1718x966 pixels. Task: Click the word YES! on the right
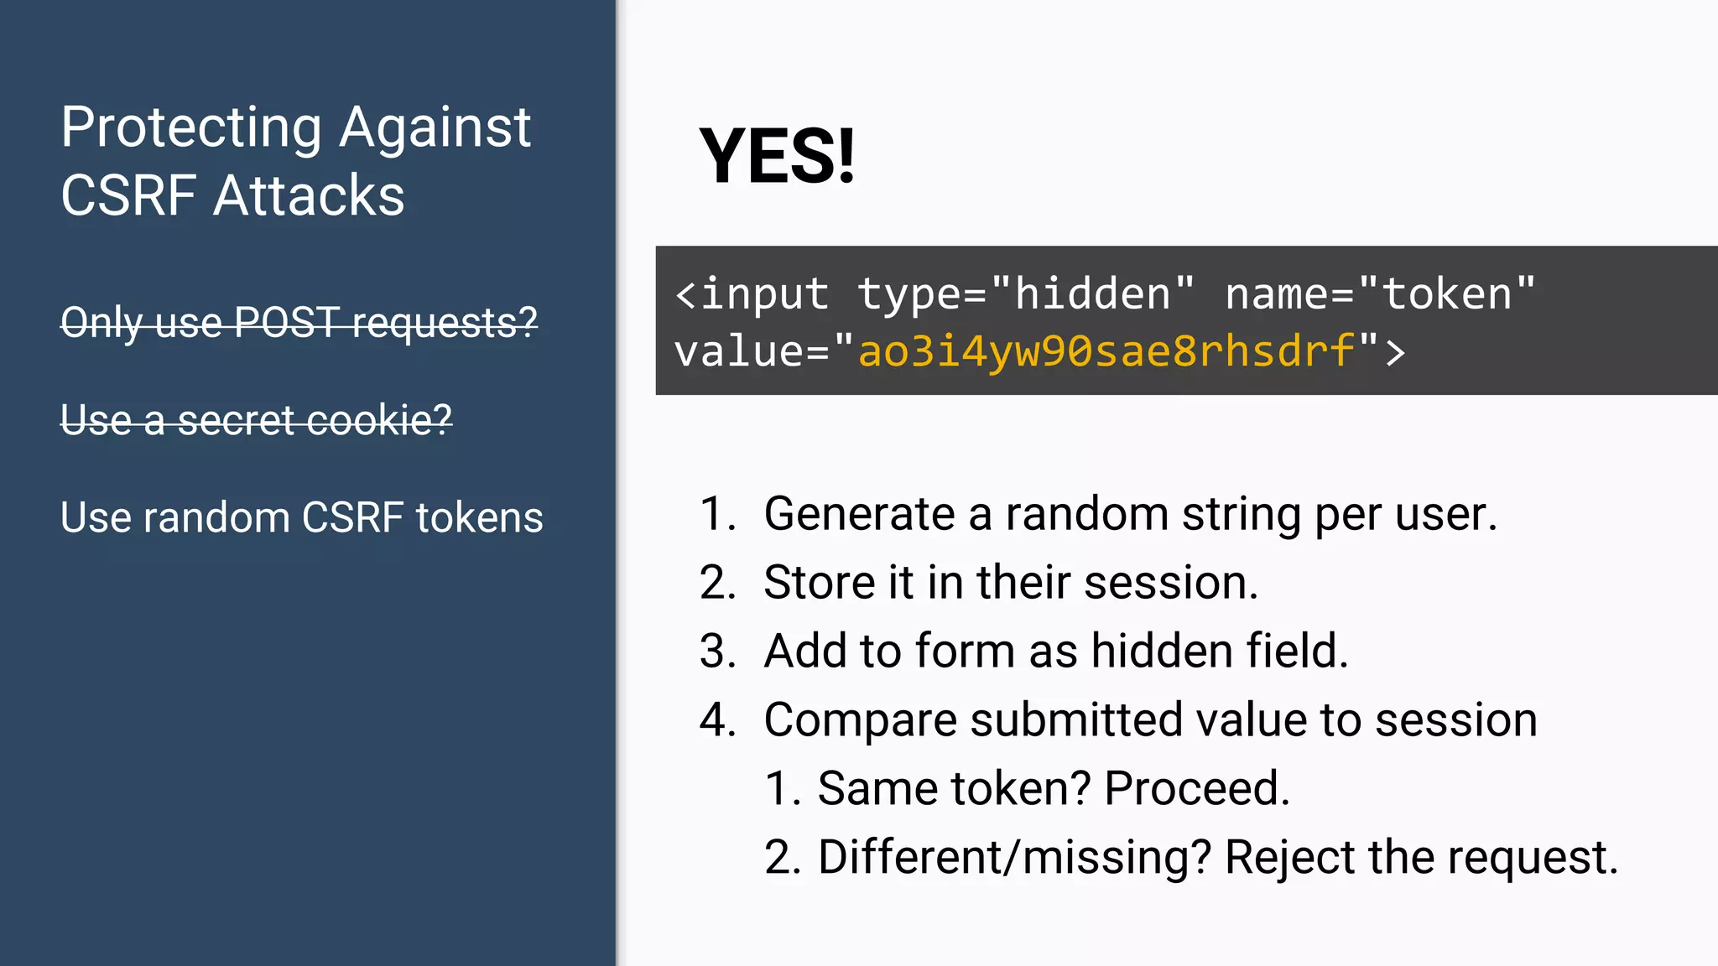tap(777, 157)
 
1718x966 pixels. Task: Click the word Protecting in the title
tap(191, 128)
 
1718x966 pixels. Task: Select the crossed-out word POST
tap(288, 323)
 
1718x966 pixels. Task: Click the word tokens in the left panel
tap(479, 517)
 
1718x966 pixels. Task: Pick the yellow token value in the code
tap(1106, 351)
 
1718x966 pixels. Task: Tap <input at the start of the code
tap(752, 294)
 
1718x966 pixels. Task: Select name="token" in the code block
tap(1380, 294)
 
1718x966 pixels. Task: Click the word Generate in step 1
tap(859, 514)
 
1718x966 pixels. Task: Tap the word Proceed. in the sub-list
tap(1196, 789)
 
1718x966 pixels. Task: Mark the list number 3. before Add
tap(717, 652)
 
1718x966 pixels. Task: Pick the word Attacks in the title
tap(309, 196)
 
